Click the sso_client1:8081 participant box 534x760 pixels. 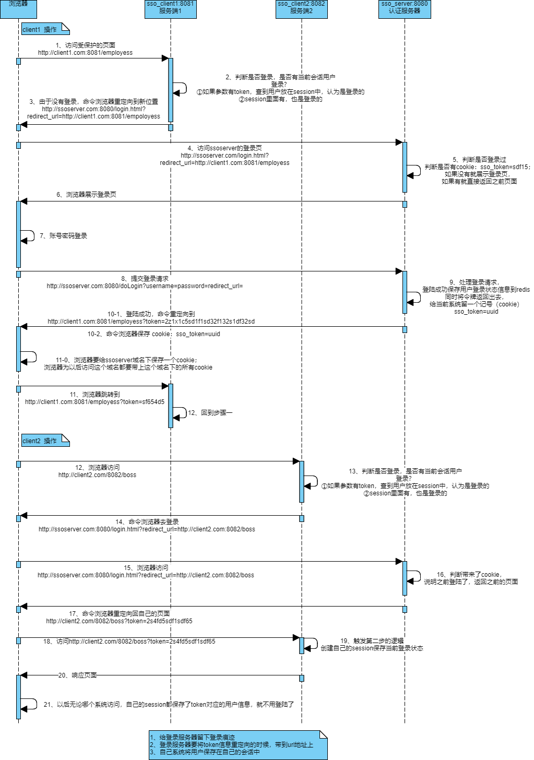[x=170, y=8]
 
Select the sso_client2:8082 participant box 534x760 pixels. [x=301, y=8]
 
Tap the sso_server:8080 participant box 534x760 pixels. [x=405, y=8]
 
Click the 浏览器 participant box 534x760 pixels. [x=18, y=8]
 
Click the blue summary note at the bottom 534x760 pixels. [x=238, y=745]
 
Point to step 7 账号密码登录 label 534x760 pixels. [x=63, y=236]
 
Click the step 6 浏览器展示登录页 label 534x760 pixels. [x=86, y=195]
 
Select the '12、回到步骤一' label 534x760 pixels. [x=210, y=413]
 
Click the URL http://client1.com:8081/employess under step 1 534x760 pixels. [x=85, y=53]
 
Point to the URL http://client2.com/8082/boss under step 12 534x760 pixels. [x=97, y=475]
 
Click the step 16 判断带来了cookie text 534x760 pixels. [x=469, y=575]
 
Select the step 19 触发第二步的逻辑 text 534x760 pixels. [x=372, y=641]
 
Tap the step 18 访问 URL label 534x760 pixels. [x=129, y=642]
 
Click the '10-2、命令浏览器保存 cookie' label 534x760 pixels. [x=153, y=334]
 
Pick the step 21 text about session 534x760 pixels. [x=169, y=705]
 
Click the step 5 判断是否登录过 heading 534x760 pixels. [x=479, y=160]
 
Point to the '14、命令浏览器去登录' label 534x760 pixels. [x=147, y=522]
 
